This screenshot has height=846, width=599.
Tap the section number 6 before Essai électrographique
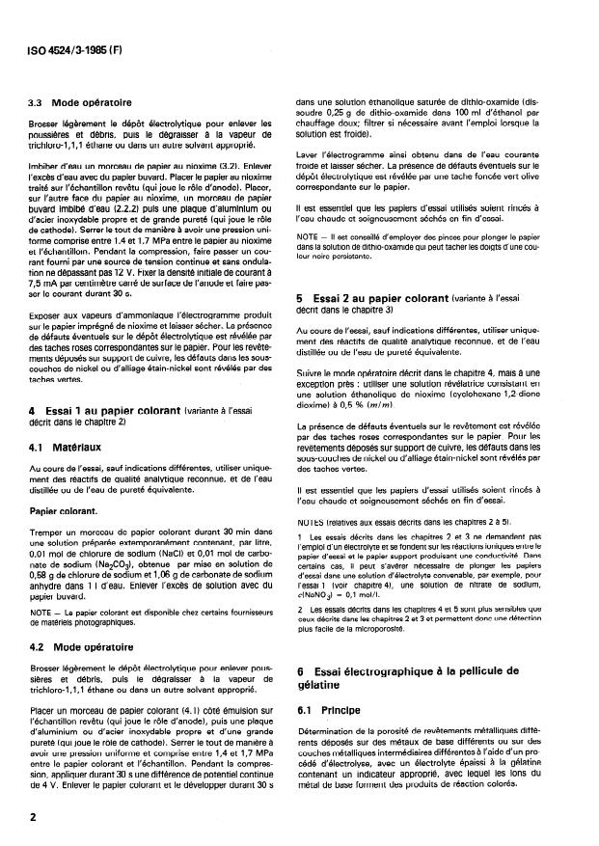[301, 669]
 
